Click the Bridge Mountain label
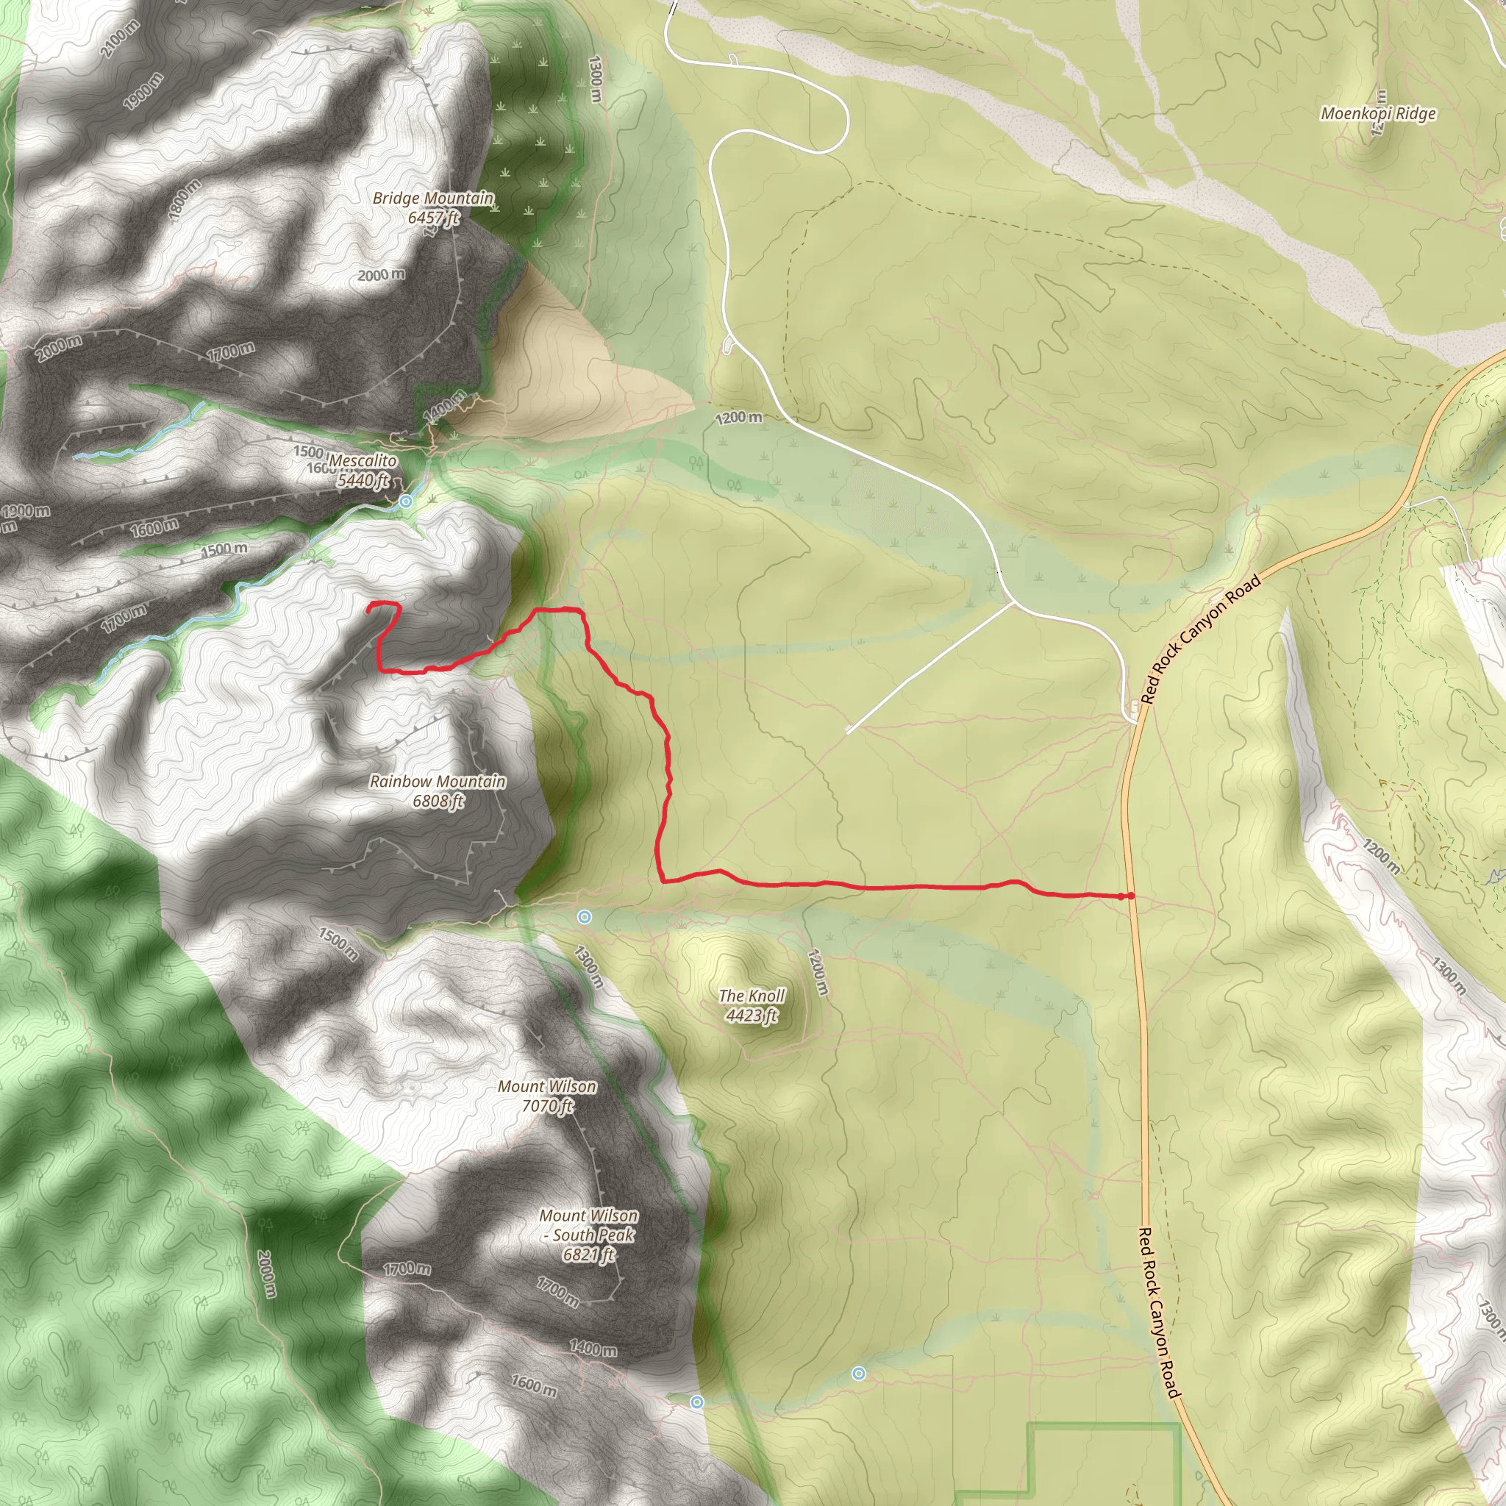click(x=432, y=198)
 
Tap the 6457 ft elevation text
click(x=433, y=218)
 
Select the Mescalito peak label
click(x=363, y=460)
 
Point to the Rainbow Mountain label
click(x=438, y=781)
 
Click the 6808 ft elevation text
click(x=438, y=801)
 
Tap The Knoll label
click(x=752, y=996)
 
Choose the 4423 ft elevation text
click(x=752, y=1015)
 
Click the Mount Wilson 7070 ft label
click(x=547, y=1096)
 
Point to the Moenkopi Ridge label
click(x=1378, y=114)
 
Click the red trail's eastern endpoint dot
click(x=1131, y=896)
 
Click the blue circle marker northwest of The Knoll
click(x=585, y=918)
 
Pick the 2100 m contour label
click(x=120, y=38)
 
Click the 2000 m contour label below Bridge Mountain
click(x=381, y=275)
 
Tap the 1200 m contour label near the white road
click(x=738, y=418)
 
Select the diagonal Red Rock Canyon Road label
click(x=1200, y=639)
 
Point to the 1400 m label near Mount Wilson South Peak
click(x=593, y=1348)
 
